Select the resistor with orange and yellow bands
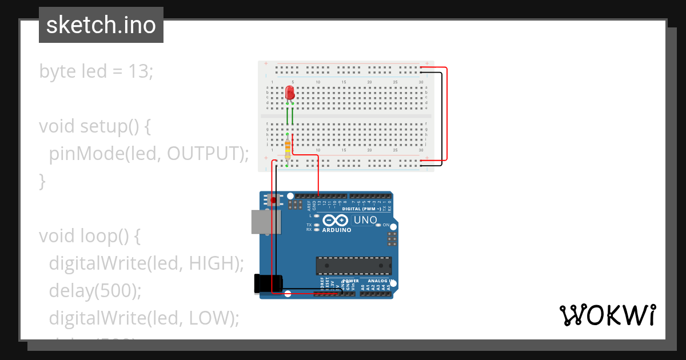287,150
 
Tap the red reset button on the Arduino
273,200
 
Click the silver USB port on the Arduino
266,222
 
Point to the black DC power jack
268,284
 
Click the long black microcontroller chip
354,266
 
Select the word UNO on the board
365,220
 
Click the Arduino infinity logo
336,221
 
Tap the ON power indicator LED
378,225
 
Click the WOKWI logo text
608,315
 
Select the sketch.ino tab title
101,25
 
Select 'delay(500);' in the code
95,290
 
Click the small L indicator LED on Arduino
317,216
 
